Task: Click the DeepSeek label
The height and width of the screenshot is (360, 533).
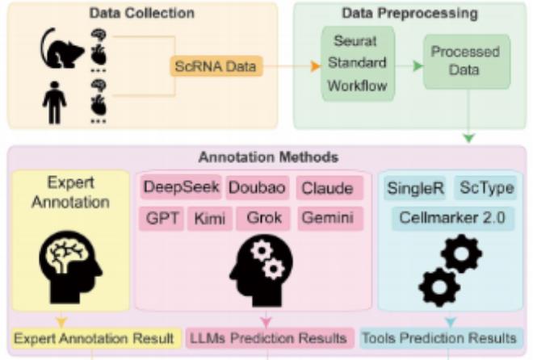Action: (x=181, y=188)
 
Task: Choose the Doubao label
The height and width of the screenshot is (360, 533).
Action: (x=255, y=188)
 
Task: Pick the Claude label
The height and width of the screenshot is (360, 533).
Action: (x=326, y=188)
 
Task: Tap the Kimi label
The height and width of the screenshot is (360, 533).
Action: (x=211, y=218)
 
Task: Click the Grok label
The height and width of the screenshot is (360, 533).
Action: (x=263, y=218)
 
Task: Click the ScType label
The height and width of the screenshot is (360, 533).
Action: (x=482, y=188)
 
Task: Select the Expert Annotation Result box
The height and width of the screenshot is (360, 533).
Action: (x=94, y=337)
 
